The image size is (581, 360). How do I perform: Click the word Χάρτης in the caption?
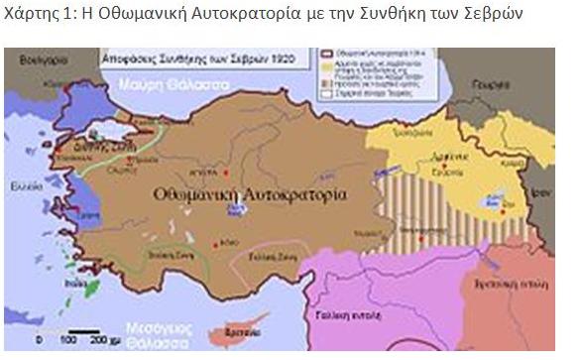point(31,13)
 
